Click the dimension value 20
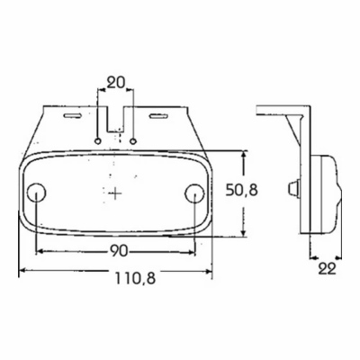pos(115,82)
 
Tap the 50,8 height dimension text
pos(242,190)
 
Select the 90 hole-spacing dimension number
pos(119,251)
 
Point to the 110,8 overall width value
pos(135,279)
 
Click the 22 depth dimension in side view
pos(327,269)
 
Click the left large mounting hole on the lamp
pos(36,193)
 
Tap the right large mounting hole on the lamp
pos(194,193)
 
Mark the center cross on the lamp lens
pos(115,193)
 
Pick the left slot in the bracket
pos(72,115)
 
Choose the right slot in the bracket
pos(159,116)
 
